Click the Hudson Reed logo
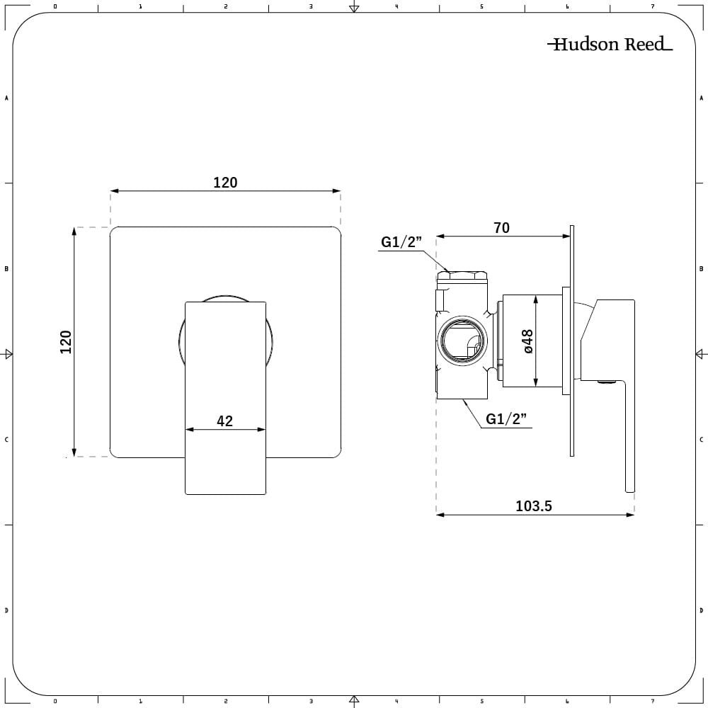coord(610,45)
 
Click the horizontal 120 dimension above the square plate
coord(225,183)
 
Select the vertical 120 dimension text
coord(66,342)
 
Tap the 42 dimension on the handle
coord(224,421)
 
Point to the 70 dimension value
coord(501,228)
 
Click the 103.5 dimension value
coord(534,506)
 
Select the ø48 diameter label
coord(528,341)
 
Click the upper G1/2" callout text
coord(401,242)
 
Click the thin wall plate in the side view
coord(571,340)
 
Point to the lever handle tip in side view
coord(629,485)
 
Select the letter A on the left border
coord(7,98)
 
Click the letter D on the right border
coord(701,610)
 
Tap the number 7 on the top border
coord(652,7)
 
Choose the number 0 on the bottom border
coord(55,701)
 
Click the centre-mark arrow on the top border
coord(354,8)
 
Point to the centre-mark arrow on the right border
coord(700,354)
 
